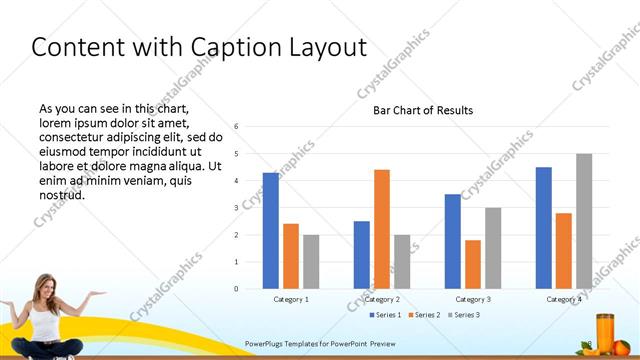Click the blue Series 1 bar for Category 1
(271, 231)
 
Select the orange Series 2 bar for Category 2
(382, 229)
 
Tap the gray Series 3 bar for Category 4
(584, 221)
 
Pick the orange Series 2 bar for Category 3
(473, 264)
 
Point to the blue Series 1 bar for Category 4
(543, 228)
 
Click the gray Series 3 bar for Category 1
(311, 262)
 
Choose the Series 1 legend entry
(385, 315)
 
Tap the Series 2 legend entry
(425, 315)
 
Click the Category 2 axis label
(382, 299)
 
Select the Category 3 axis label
(473, 299)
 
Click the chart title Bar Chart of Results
(423, 110)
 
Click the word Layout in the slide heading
(328, 47)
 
